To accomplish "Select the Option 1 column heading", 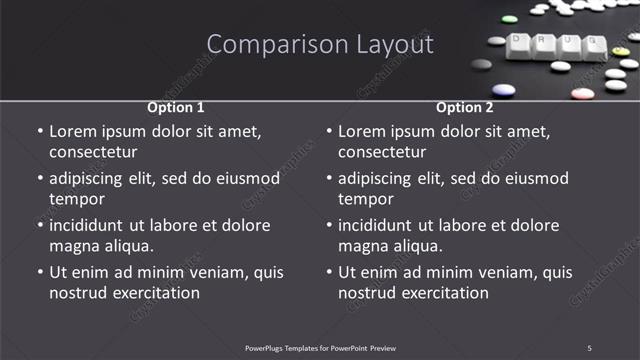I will click(176, 107).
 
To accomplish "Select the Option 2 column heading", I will click(465, 107).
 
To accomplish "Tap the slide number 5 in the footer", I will click(589, 347).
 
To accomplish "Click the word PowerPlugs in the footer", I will click(269, 347).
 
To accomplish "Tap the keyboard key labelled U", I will click(569, 43).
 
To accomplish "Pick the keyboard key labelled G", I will click(593, 45).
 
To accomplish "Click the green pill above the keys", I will click(509, 18).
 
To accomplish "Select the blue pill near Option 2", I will click(504, 90).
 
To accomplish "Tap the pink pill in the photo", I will click(582, 94).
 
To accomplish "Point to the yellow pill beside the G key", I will click(621, 51).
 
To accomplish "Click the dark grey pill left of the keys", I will click(482, 64).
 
